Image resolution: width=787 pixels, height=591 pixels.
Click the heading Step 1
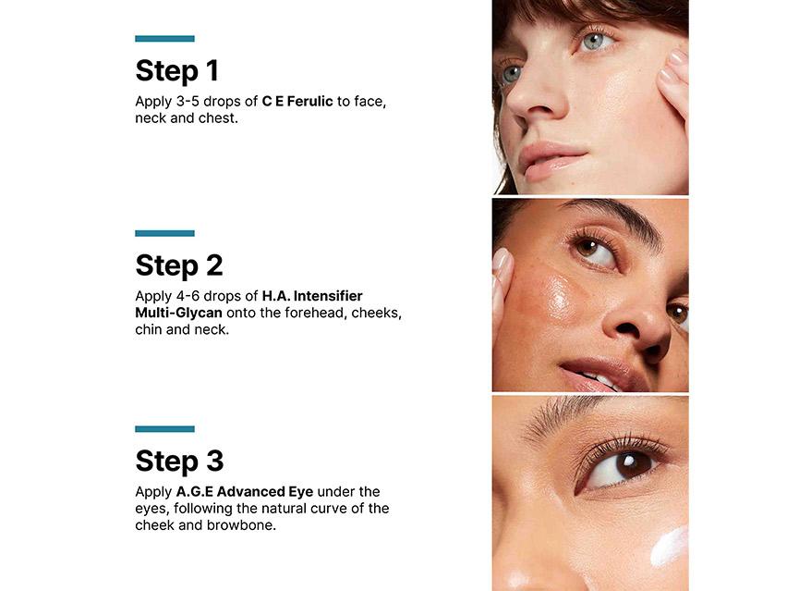click(x=176, y=71)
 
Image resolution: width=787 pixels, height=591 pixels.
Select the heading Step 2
click(x=179, y=266)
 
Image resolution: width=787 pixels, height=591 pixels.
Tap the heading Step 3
click(x=179, y=462)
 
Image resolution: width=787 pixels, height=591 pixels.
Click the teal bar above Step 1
click(x=164, y=39)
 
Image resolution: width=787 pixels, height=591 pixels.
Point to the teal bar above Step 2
click(x=164, y=233)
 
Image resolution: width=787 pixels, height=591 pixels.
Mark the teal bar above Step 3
click(x=164, y=429)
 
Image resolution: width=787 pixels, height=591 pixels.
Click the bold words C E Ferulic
click(x=297, y=101)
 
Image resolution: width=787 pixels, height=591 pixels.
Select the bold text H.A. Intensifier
click(x=312, y=296)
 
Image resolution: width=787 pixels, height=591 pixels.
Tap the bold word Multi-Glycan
click(x=178, y=313)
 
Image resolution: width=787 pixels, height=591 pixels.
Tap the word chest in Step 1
click(x=218, y=117)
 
